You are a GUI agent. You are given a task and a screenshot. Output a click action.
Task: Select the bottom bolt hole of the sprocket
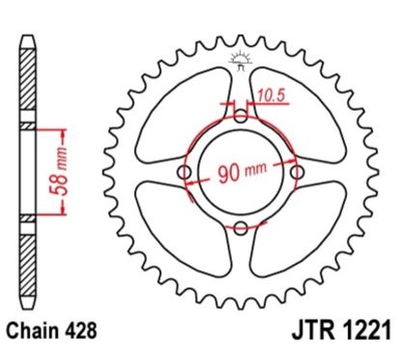(x=240, y=228)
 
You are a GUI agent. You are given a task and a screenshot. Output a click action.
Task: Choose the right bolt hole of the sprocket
(x=295, y=173)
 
